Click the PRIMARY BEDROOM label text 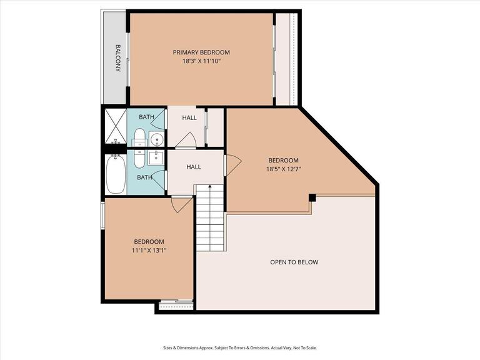point(201,52)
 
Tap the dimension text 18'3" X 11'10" point(201,61)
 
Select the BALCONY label point(117,58)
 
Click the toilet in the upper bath point(139,138)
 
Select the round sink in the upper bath point(157,139)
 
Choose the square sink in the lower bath point(157,156)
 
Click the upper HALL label point(189,117)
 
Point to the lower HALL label point(194,167)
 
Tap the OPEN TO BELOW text point(294,262)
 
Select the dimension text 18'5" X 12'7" point(283,169)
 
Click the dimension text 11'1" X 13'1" point(149,251)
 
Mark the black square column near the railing point(312,198)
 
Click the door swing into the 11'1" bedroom point(181,204)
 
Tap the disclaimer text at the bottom point(240,347)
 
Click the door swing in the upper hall point(185,142)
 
